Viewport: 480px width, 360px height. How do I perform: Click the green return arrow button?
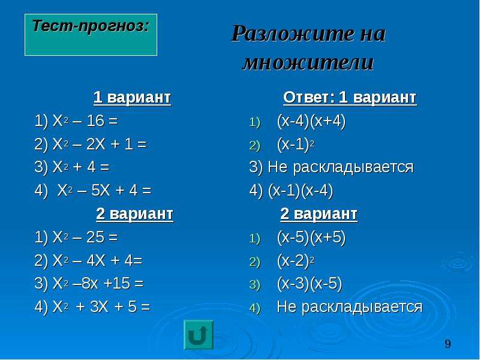click(x=199, y=335)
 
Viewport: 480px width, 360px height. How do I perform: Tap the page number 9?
click(x=448, y=344)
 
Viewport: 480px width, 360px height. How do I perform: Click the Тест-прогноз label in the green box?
click(x=91, y=25)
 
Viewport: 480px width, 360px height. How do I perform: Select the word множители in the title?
click(x=308, y=62)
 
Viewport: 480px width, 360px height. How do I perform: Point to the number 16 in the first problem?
click(x=95, y=121)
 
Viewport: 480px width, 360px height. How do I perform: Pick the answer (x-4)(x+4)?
click(x=311, y=121)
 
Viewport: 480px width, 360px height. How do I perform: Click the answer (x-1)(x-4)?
click(x=301, y=191)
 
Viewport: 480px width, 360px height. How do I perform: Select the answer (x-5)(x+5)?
click(x=311, y=237)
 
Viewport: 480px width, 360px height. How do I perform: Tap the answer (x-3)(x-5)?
click(x=310, y=283)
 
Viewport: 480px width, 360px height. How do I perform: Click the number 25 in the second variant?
click(x=95, y=237)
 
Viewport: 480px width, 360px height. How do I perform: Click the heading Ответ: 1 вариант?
click(x=350, y=98)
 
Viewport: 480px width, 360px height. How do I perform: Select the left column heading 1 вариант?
click(x=132, y=98)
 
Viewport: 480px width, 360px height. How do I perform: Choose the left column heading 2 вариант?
click(x=134, y=214)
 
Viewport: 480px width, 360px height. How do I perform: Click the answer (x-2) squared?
click(x=296, y=260)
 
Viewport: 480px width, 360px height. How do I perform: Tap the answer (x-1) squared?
click(x=296, y=144)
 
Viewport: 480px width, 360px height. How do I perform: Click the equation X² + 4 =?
click(x=81, y=167)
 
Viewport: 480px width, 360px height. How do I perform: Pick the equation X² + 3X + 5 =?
click(x=101, y=307)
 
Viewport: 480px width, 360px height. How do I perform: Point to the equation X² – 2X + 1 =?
click(x=100, y=144)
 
